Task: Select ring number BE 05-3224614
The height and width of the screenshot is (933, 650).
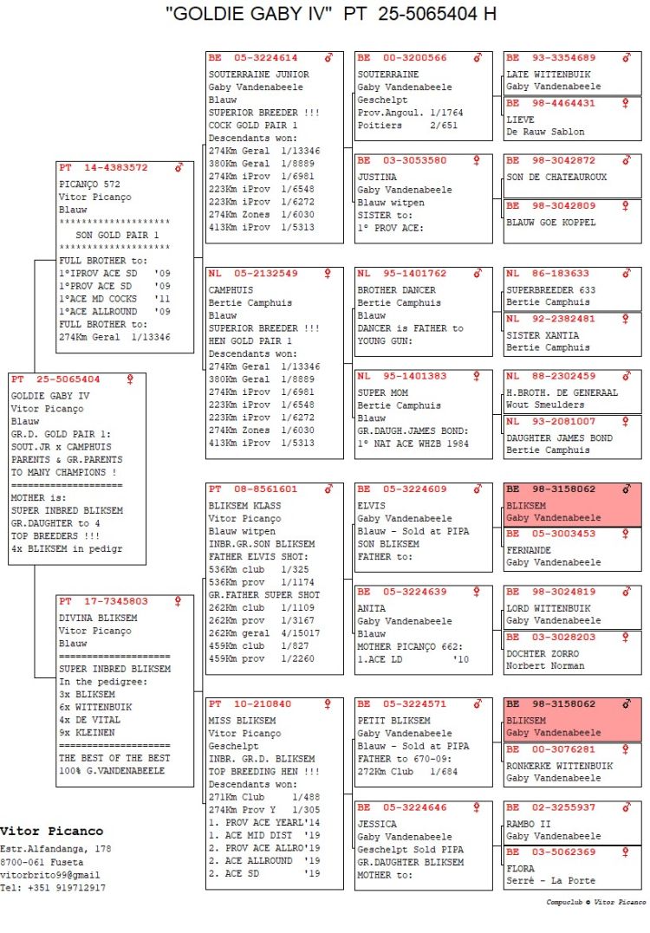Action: point(253,58)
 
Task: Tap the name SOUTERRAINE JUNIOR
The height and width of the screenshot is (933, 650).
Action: point(258,75)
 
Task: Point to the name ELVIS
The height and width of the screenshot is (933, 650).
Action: point(371,506)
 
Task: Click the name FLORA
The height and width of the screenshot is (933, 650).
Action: point(521,869)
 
